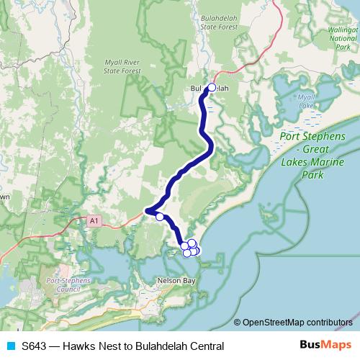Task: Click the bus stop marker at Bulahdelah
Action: pos(211,88)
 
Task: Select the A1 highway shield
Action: pos(94,220)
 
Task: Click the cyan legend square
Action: pos(10,346)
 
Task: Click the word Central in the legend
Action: pos(205,346)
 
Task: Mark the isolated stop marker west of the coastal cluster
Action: pos(160,215)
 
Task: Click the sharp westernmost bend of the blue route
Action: pos(147,212)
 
